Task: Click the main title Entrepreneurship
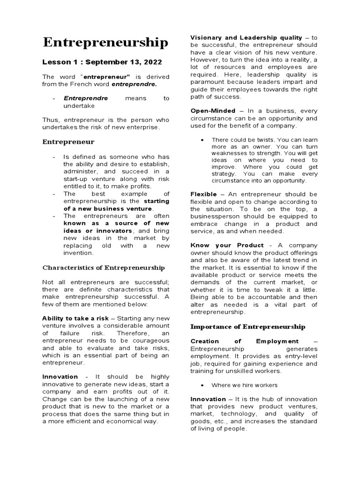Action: pos(105,43)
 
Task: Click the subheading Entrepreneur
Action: pos(68,141)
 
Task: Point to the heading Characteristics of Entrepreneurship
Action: pos(104,268)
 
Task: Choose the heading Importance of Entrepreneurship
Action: pos(247,326)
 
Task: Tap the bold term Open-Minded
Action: pos(213,111)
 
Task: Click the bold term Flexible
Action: pos(203,194)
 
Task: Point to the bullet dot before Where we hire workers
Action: pos(201,385)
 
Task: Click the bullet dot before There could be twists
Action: pos(201,140)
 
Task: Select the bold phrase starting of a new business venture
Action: pos(117,205)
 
